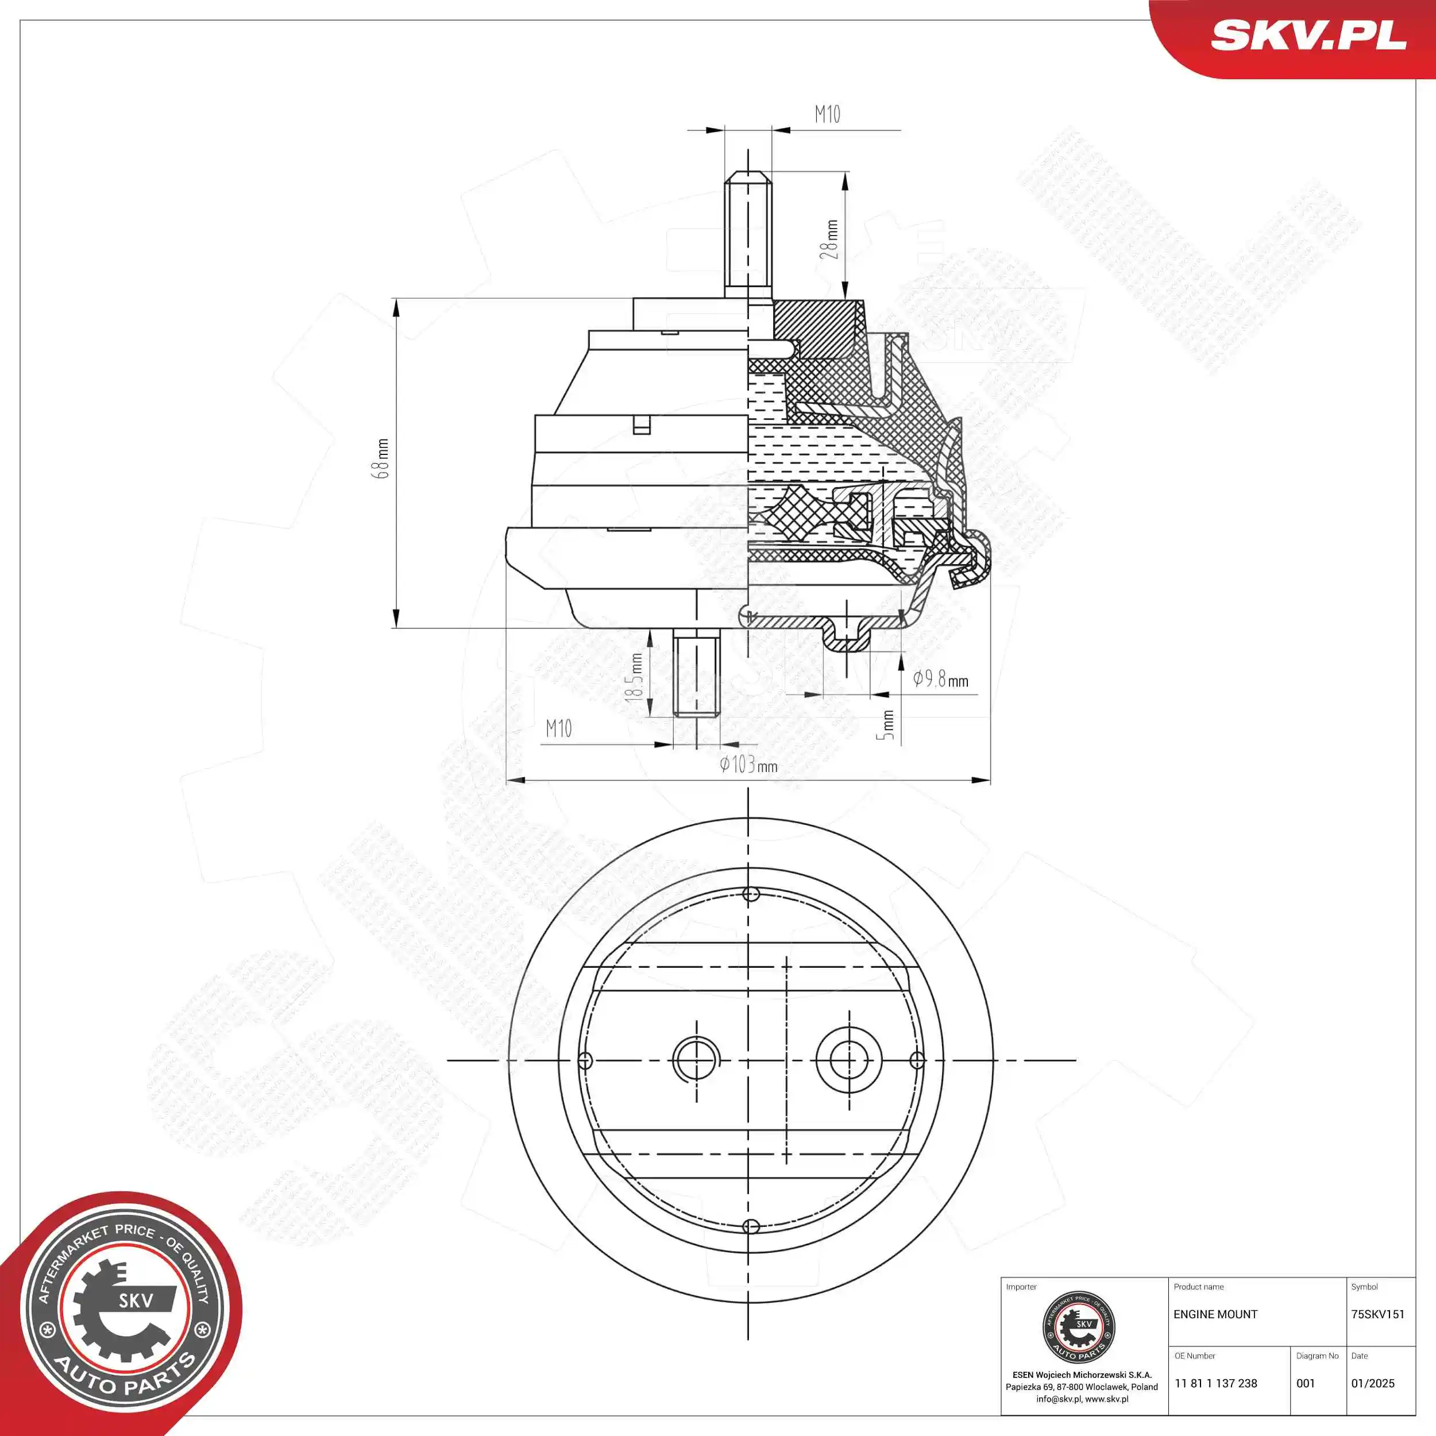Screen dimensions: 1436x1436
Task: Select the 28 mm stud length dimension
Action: coord(829,240)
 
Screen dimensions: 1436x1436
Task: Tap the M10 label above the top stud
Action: coord(827,114)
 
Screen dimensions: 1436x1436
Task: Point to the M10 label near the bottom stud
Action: coord(559,728)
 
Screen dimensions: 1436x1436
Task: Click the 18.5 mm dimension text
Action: coord(634,677)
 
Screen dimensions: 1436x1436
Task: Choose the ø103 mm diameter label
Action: coord(748,764)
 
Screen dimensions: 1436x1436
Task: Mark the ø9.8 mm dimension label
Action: coord(940,678)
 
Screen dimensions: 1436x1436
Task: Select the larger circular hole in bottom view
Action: coord(850,1060)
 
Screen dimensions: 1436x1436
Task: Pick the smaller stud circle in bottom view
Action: coord(696,1060)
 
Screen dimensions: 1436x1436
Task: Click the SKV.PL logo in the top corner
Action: coord(1308,35)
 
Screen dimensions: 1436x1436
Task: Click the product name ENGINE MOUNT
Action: coord(1215,1314)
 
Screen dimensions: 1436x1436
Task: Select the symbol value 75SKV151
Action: coord(1377,1314)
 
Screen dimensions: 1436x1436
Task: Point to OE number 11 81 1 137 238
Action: coord(1216,1383)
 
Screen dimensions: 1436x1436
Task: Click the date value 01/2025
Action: coord(1373,1383)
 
